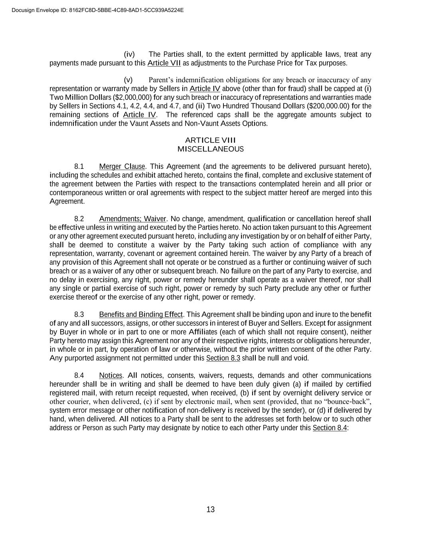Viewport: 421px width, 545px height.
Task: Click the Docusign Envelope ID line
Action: pos(98,10)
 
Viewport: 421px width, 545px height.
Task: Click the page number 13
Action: pos(211,509)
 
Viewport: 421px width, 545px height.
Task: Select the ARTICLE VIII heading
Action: pos(210,140)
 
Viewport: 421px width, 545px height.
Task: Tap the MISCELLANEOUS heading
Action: pos(210,149)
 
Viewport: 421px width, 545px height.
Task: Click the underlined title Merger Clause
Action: pos(122,166)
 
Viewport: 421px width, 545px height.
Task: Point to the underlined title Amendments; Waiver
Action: pos(132,219)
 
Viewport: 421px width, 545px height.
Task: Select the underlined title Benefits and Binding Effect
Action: pos(141,315)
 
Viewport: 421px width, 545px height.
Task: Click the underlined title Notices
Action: pos(111,376)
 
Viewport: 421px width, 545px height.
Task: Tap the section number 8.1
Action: pos(79,166)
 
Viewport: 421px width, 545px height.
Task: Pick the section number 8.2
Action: pos(79,219)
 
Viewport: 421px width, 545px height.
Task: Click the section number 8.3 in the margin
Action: pos(79,315)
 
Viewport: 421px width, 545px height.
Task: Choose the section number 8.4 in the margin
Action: pos(79,376)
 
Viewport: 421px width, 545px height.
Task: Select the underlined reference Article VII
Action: pos(164,63)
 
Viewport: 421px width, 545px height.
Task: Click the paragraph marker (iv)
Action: pos(129,54)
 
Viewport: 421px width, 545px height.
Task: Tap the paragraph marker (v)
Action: pos(128,80)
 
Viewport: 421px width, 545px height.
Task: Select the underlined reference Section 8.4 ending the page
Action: pos(330,428)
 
